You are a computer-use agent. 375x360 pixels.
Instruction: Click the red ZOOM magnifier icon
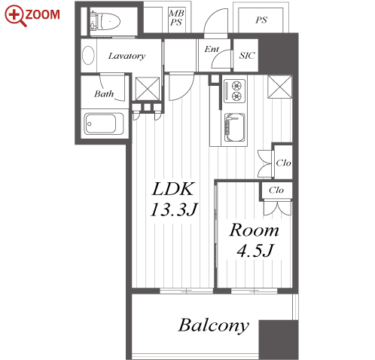point(15,16)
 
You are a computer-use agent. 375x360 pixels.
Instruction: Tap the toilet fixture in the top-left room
point(105,20)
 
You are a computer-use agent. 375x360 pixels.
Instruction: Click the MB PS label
point(176,17)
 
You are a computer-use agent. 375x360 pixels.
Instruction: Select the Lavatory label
point(127,56)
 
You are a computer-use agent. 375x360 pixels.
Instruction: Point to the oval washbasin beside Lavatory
point(88,55)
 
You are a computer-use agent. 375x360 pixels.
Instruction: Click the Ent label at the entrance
point(212,49)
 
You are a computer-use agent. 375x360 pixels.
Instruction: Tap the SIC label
point(247,56)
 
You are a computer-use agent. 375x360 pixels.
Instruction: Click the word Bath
point(104,94)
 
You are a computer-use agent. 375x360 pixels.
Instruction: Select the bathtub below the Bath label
point(104,124)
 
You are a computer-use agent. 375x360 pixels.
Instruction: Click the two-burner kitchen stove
point(234,91)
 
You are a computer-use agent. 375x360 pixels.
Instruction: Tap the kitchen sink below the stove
point(234,127)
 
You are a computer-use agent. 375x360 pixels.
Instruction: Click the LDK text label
point(173,189)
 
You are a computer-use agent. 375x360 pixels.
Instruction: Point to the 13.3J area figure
point(175,209)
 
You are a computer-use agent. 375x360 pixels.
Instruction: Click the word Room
point(254,230)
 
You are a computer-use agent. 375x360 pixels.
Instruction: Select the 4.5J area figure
point(255,251)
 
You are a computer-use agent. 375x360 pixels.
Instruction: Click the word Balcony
point(214,325)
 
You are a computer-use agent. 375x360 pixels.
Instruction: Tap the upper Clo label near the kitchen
point(283,163)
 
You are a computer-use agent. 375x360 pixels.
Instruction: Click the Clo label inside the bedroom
point(276,190)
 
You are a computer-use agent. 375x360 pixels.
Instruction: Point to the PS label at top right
point(261,20)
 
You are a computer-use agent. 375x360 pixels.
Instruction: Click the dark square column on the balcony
point(279,340)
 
